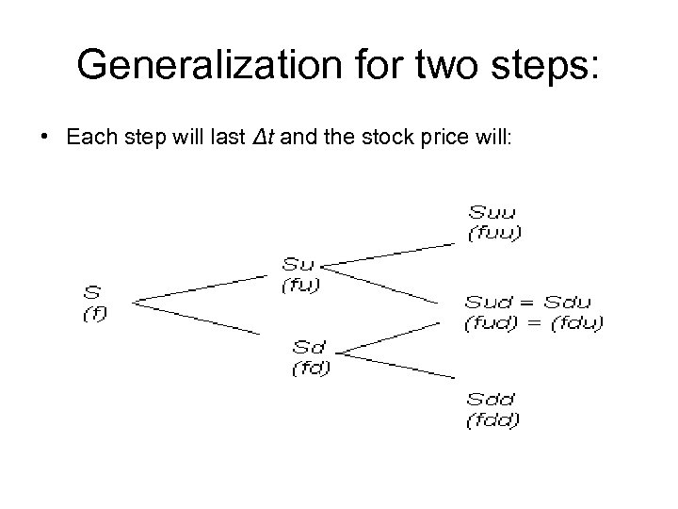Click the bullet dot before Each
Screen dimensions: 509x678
coord(44,136)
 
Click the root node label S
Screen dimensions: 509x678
coord(92,294)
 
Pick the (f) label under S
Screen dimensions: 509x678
coord(94,315)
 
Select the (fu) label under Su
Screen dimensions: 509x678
coord(301,286)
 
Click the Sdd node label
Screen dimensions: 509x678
coord(492,399)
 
